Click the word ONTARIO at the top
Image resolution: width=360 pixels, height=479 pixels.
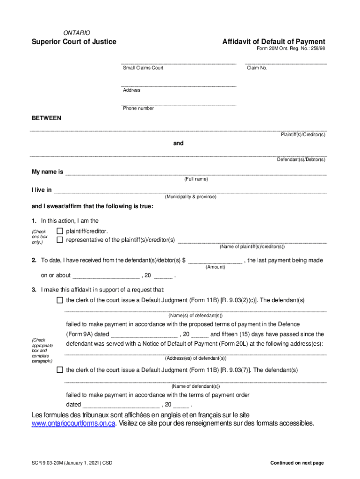coord(77,33)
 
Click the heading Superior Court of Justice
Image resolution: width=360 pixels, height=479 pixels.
coord(74,42)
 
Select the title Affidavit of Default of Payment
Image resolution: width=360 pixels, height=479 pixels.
coord(274,42)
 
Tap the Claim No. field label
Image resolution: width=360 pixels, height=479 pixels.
coord(257,68)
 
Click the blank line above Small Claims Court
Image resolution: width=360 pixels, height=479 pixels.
coord(179,62)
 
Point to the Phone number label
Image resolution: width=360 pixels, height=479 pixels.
coord(138,109)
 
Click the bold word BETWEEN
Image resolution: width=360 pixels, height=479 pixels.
coord(46,118)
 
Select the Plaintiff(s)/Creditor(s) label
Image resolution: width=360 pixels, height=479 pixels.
coord(303,135)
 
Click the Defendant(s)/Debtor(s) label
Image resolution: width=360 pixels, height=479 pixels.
coord(301,160)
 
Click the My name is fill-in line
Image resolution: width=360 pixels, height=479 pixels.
coord(195,173)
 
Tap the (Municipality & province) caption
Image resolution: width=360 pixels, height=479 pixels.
coord(190,197)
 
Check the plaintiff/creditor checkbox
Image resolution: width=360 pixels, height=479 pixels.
coord(59,231)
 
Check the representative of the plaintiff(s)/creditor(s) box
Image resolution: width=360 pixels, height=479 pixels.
coord(59,240)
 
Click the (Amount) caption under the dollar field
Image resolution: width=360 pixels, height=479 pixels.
coord(215,267)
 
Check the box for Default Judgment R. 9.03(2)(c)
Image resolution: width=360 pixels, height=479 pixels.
coord(59,300)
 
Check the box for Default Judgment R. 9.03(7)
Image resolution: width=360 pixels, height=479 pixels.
coord(59,370)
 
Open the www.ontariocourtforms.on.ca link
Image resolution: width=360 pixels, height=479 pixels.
coord(73,424)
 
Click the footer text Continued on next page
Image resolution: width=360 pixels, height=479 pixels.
coord(297,463)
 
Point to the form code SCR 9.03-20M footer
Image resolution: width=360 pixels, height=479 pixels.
coord(72,463)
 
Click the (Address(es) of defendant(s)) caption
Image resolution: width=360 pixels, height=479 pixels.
coord(195,358)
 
